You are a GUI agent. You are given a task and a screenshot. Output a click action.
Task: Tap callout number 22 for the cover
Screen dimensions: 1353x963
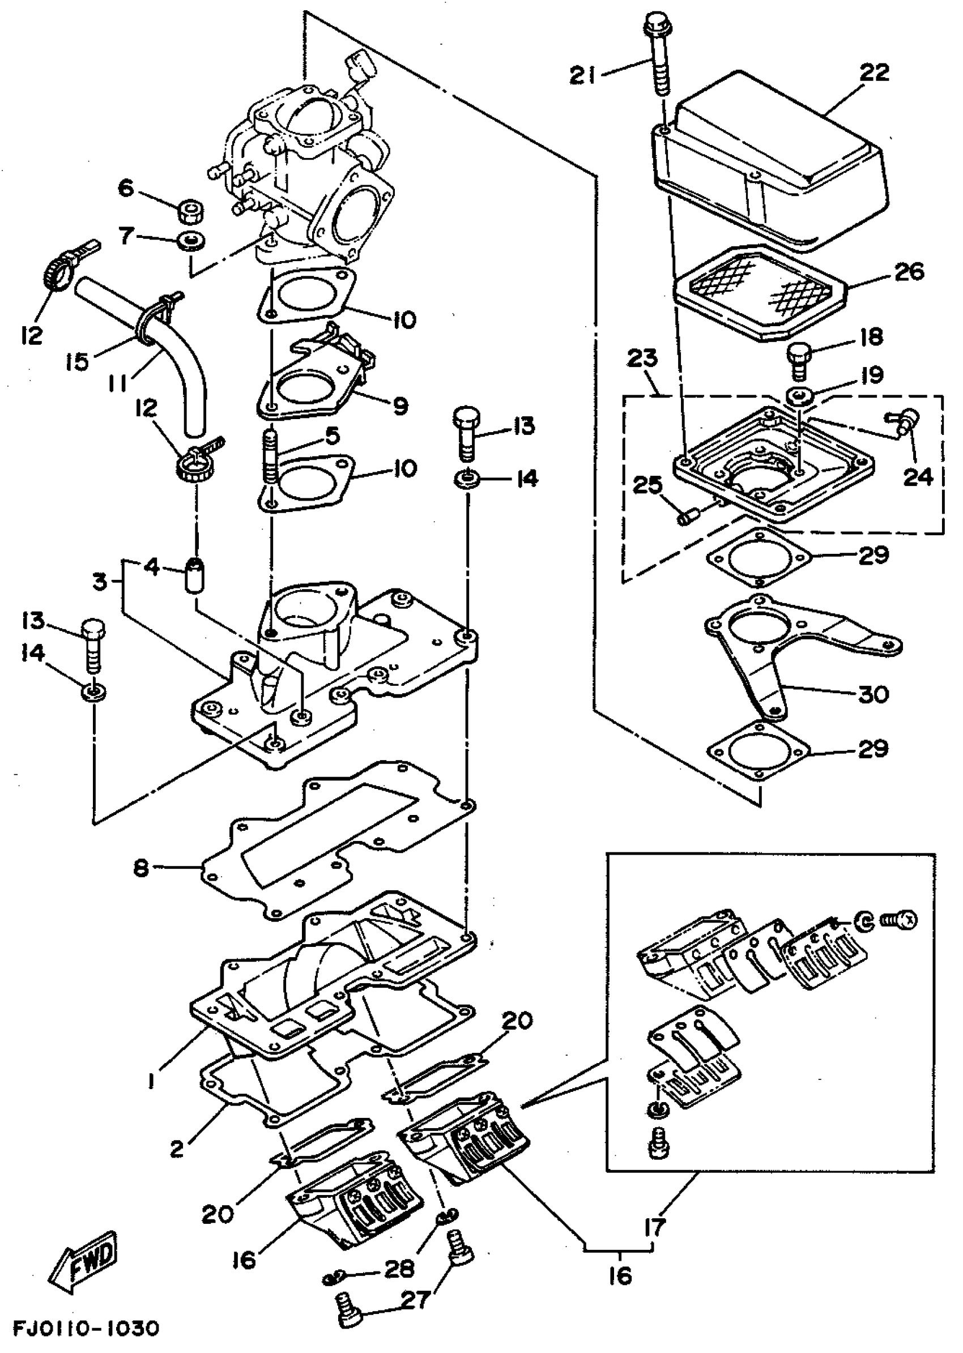click(x=874, y=74)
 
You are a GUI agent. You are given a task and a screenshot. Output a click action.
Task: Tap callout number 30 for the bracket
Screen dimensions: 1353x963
click(x=873, y=694)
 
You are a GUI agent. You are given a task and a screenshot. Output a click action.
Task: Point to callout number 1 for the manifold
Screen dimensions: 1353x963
click(x=152, y=1083)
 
